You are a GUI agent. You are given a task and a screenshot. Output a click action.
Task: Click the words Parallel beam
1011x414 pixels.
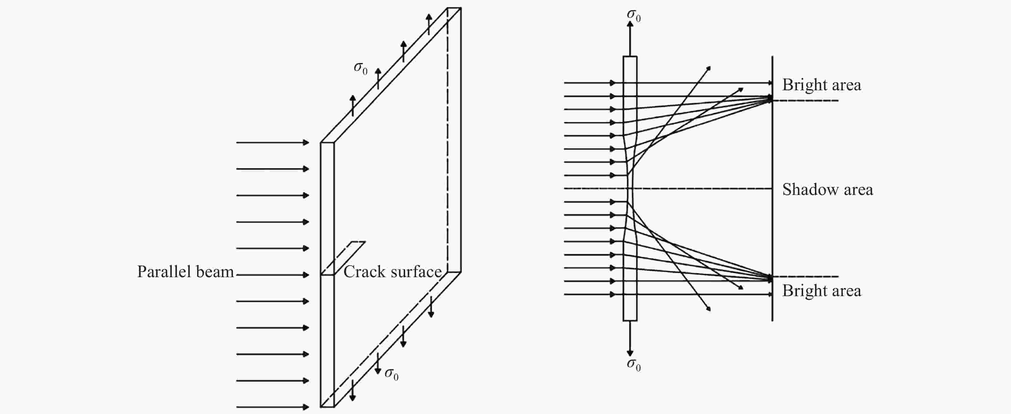(x=185, y=272)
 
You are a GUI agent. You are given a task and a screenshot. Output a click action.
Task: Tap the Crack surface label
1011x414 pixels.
(x=393, y=272)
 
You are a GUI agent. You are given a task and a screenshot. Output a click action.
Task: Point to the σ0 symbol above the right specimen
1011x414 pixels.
(x=634, y=15)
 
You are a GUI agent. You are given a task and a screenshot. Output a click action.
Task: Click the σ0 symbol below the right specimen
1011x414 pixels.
(x=634, y=365)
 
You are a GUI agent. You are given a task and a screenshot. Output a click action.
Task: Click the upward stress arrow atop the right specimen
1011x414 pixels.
(x=630, y=39)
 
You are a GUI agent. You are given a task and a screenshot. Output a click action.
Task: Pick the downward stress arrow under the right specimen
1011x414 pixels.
(x=630, y=339)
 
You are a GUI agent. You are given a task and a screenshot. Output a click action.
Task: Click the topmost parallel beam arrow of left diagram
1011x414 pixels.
(x=273, y=143)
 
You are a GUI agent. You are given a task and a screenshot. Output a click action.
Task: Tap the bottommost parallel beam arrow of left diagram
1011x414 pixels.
(x=273, y=407)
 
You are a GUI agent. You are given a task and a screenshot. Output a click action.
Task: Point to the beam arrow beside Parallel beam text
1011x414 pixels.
(x=273, y=275)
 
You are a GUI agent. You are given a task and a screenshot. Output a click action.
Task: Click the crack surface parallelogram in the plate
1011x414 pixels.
(x=344, y=258)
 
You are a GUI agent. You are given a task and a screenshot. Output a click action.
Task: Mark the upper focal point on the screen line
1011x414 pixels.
(x=770, y=99)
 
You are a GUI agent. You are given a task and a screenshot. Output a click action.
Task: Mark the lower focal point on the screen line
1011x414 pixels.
(x=770, y=278)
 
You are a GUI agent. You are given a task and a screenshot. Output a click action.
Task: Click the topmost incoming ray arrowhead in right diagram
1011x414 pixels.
(x=613, y=83)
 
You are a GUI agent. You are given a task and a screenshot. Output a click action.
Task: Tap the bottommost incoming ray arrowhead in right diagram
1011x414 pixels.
(x=613, y=295)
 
